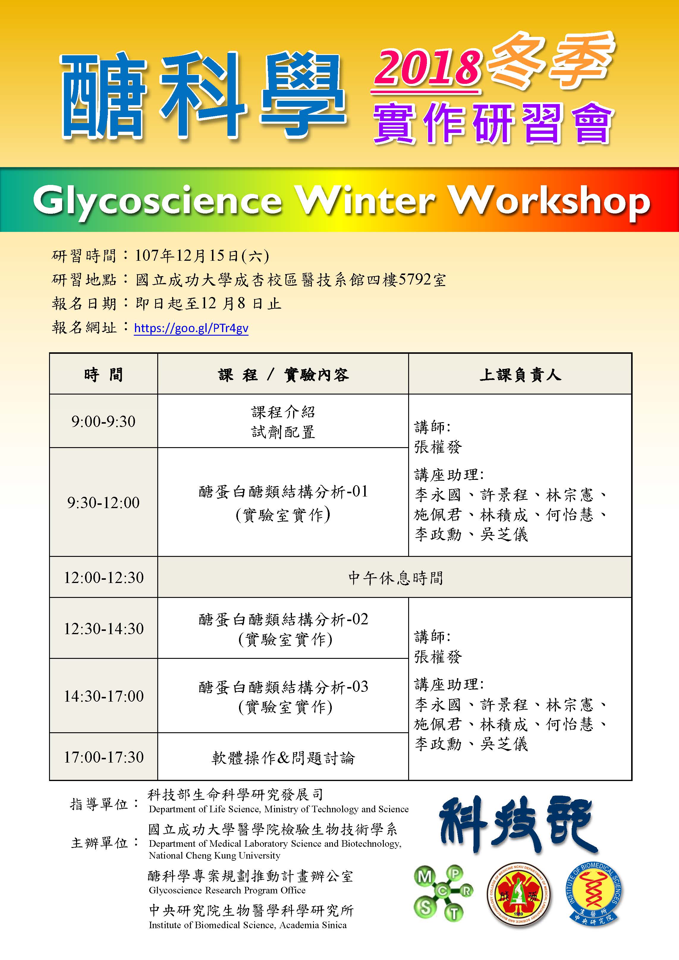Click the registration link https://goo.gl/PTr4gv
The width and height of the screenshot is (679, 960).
pyautogui.click(x=191, y=328)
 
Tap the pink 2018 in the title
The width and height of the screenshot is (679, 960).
pyautogui.click(x=427, y=67)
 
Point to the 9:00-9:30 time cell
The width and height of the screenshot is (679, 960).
pyautogui.click(x=103, y=421)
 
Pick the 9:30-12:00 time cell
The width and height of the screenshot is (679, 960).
pyautogui.click(x=103, y=502)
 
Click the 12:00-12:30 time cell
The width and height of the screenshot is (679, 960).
pyautogui.click(x=103, y=577)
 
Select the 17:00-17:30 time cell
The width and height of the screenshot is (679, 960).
pyautogui.click(x=103, y=757)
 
